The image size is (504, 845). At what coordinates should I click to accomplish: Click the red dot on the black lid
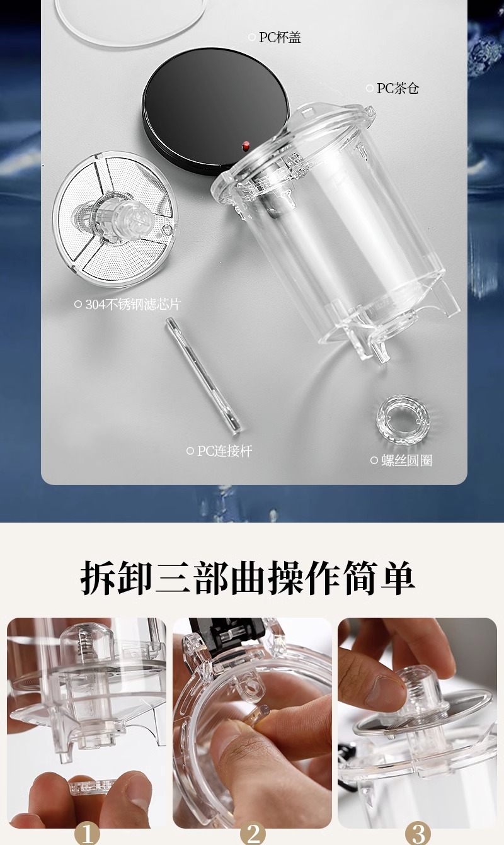[246, 145]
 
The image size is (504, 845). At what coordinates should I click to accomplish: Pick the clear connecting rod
[203, 376]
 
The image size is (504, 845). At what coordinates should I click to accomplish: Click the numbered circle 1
[87, 834]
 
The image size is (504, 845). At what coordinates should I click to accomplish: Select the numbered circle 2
[253, 834]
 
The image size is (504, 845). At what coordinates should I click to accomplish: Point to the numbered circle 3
[418, 834]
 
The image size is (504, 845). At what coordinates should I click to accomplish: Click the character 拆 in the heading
[100, 576]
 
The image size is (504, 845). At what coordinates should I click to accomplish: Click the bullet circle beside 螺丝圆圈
[374, 460]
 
